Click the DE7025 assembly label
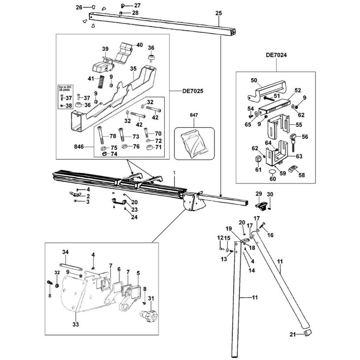click(193, 91)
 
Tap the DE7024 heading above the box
click(276, 55)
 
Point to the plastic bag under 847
click(194, 143)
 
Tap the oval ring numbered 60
click(272, 171)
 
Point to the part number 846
click(79, 146)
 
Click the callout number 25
click(219, 13)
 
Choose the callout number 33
click(76, 324)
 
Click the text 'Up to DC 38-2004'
click(65, 89)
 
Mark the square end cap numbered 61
click(258, 159)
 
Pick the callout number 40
click(139, 45)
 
